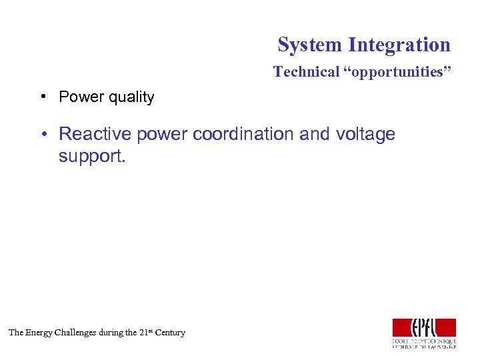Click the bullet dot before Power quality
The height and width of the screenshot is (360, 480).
42,97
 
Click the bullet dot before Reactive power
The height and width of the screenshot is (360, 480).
42,134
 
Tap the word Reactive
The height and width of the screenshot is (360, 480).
95,134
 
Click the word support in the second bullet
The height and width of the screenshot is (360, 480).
85,156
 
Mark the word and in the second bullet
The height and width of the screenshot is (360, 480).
314,134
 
